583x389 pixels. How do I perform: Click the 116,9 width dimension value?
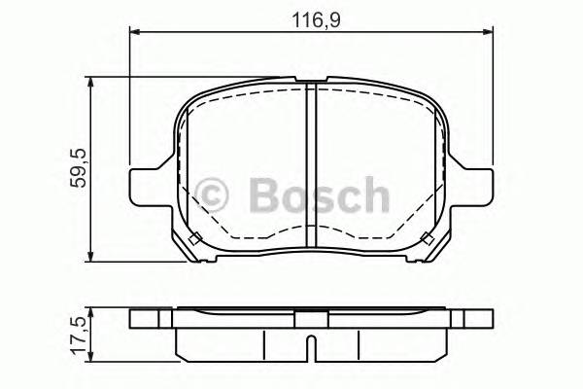(x=316, y=19)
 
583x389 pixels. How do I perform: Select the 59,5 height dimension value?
(x=79, y=168)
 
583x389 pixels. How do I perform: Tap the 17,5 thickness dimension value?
(x=79, y=336)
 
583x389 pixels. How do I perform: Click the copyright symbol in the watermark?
(x=211, y=194)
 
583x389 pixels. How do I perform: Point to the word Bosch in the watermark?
(x=320, y=194)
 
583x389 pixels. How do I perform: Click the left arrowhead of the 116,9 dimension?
(x=135, y=32)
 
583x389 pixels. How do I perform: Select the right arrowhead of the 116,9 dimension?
(x=488, y=32)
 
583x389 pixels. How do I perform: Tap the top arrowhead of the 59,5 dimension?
(x=89, y=84)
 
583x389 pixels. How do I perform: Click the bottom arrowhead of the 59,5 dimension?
(x=89, y=256)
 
